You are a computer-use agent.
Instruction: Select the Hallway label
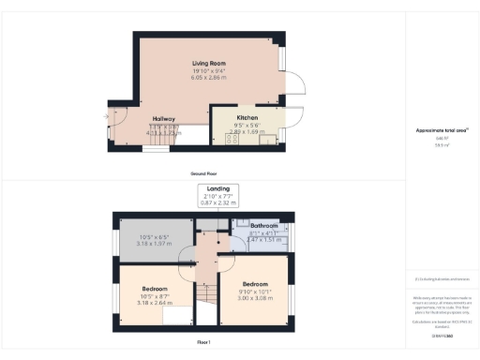coord(166,119)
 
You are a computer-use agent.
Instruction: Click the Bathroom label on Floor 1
coord(263,226)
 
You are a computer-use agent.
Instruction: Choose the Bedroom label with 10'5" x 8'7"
coord(155,288)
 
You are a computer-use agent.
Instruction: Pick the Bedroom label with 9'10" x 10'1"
coord(255,282)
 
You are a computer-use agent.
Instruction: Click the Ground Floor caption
coord(203,174)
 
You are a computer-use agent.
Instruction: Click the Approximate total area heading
coord(441,129)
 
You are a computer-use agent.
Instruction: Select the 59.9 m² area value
coord(440,145)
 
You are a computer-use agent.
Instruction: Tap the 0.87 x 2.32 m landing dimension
coord(217,202)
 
